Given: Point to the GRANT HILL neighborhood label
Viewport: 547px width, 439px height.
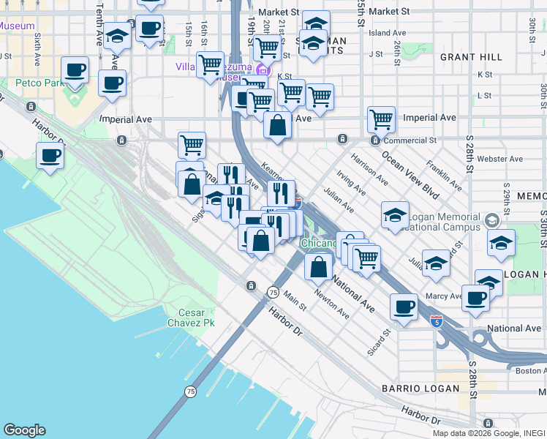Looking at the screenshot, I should coord(471,56).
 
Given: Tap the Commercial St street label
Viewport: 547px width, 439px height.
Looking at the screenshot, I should coord(412,140).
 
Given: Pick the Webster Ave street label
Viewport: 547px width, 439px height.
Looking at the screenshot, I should coord(499,159).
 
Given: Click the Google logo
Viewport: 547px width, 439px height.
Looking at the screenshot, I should coord(24,430).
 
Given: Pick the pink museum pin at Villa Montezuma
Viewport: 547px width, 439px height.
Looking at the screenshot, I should coord(261,71).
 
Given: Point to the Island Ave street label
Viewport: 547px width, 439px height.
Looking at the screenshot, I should coord(387,33).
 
